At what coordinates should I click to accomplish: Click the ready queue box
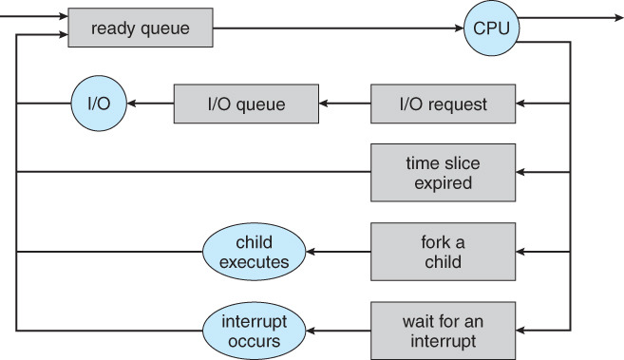click(140, 29)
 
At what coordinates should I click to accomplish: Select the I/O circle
click(97, 103)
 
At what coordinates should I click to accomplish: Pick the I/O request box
click(443, 103)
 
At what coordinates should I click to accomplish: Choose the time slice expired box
click(443, 172)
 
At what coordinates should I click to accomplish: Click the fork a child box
click(443, 252)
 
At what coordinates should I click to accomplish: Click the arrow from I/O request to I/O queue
click(344, 103)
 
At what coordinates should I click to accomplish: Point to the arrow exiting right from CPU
click(570, 17)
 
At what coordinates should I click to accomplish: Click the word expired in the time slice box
click(443, 182)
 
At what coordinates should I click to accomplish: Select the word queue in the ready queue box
click(165, 29)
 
